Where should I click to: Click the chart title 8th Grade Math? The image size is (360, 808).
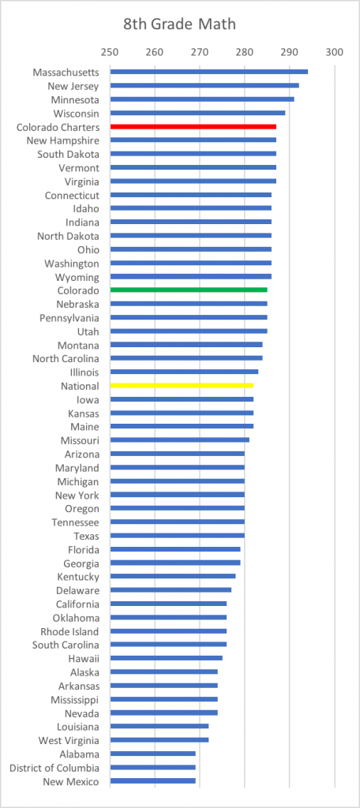coord(179,24)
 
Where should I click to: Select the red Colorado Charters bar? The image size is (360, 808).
coord(193,126)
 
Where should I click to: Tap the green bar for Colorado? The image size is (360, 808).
coord(189,290)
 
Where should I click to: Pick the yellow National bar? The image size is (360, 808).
coord(182,385)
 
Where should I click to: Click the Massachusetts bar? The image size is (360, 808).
coord(209,72)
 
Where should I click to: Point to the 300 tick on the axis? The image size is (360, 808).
coord(334,52)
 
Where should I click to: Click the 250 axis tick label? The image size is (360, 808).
coord(109,52)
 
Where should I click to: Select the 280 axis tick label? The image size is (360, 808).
coord(245,52)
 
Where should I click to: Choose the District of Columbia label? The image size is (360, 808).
coord(54,768)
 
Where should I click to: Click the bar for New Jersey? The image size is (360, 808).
coord(204,85)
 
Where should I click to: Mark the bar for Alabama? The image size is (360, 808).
coord(153,754)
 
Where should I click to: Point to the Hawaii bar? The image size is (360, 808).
coord(167,658)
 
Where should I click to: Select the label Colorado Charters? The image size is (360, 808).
coord(58,126)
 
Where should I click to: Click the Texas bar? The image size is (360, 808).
coord(178,536)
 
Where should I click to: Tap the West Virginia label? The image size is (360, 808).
coord(69,740)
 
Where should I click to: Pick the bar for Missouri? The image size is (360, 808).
coord(180,440)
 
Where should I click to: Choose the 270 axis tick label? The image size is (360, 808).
coord(199,52)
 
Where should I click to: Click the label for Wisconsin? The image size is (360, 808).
coord(77,113)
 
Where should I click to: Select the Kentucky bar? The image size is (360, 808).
coord(174,576)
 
